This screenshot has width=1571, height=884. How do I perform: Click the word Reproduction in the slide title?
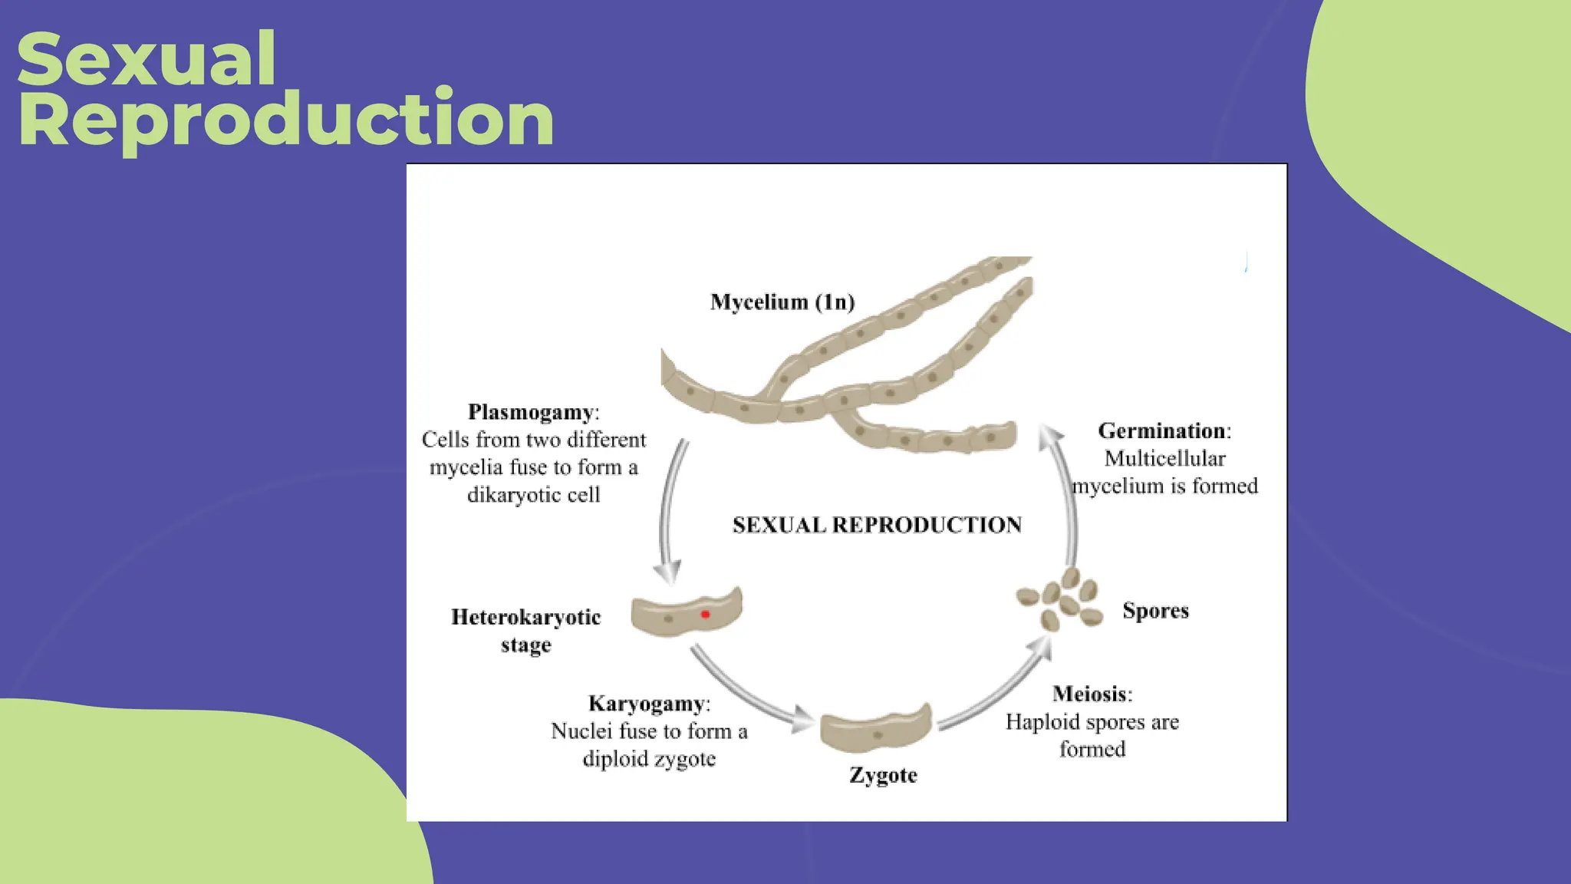tap(285, 120)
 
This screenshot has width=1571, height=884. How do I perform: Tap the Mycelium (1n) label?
tap(782, 302)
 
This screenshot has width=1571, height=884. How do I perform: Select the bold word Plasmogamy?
tap(531, 412)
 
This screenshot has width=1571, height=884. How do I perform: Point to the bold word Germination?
tap(1161, 430)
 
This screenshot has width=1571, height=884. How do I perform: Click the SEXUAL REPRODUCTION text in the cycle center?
tap(877, 525)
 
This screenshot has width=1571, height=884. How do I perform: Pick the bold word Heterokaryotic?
tap(525, 617)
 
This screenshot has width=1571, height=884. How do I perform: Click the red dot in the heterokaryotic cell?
tap(705, 614)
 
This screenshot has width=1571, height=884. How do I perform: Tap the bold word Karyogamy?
tap(646, 704)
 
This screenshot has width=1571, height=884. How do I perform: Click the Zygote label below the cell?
tap(883, 775)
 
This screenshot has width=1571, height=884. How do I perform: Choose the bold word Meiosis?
tap(1090, 694)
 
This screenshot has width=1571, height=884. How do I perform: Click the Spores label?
tap(1155, 611)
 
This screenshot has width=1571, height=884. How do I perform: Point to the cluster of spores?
tap(1061, 601)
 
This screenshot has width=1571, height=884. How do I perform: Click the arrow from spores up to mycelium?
tap(1067, 499)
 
